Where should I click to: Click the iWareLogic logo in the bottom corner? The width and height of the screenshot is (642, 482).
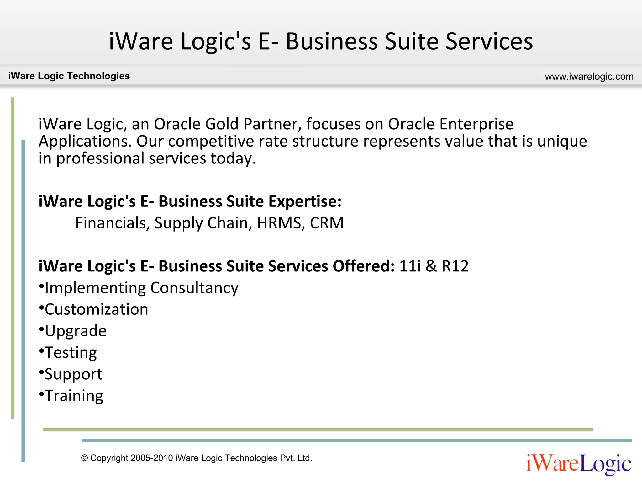[579, 463]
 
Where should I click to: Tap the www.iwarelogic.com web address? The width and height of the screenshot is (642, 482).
[589, 77]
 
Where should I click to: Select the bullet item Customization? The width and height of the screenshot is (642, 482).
[96, 309]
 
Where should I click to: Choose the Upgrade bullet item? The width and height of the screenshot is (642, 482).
[76, 331]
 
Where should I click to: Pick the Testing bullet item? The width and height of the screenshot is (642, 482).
[71, 353]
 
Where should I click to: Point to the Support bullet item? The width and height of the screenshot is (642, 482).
[73, 374]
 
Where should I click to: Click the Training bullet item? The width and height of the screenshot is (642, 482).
[74, 396]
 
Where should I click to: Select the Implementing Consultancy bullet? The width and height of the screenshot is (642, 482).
[141, 288]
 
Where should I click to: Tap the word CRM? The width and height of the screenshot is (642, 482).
[327, 223]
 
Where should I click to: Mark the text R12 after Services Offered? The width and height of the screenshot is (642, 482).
[455, 266]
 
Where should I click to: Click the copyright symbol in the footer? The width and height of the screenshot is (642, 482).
[84, 458]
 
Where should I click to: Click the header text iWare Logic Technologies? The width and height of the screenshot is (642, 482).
[69, 76]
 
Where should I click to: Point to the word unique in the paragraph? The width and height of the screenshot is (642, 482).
[562, 141]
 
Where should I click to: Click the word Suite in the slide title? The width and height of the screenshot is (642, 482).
[411, 41]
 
